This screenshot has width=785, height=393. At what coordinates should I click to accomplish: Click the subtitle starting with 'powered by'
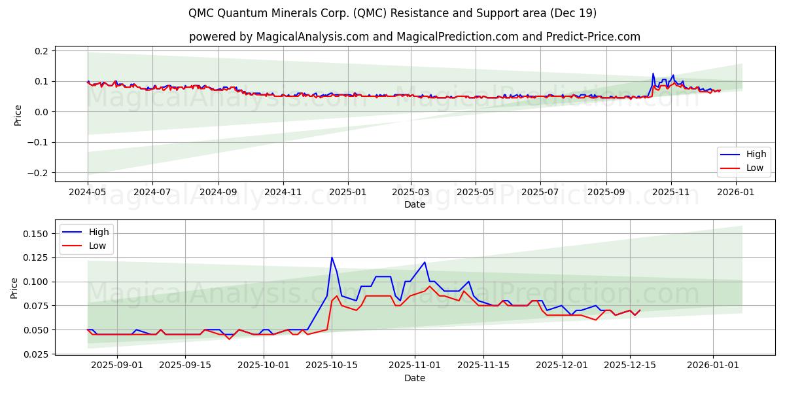pos(415,37)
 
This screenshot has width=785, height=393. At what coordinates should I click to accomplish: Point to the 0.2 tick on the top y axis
pos(41,51)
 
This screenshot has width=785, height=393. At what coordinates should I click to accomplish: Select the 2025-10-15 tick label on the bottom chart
pos(332,365)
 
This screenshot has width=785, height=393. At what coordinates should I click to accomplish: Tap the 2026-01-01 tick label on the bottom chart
pos(712,365)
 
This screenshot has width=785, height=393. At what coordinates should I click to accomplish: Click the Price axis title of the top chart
pos(18,115)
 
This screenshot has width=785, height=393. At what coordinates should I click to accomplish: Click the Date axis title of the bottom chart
pos(415,378)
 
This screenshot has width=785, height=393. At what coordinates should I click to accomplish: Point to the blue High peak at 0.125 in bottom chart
pos(332,257)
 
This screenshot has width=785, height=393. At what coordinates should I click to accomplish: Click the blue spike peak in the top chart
pos(653,73)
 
